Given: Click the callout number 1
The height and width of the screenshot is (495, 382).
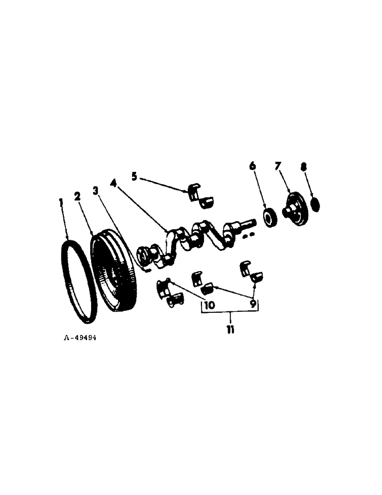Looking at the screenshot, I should (x=61, y=202).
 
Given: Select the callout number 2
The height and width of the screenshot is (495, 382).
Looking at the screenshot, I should (x=77, y=197).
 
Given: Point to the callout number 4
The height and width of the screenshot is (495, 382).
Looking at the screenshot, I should (x=113, y=183).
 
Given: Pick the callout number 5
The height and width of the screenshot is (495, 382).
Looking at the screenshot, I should (x=134, y=175).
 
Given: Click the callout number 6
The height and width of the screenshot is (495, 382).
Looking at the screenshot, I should (x=253, y=167).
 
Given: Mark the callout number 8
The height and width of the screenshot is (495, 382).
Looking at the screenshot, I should (x=303, y=167).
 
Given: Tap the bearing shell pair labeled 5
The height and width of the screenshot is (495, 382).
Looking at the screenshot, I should (x=200, y=195).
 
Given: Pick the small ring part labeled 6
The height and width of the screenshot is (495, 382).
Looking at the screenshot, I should (x=270, y=218).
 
